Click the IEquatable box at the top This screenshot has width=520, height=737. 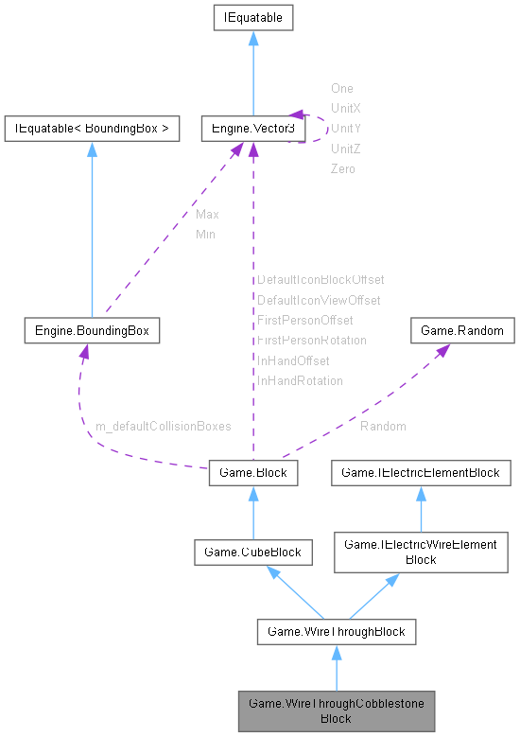pyautogui.click(x=252, y=17)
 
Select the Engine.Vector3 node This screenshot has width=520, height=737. pyautogui.click(x=252, y=128)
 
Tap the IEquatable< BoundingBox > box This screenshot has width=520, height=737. pyautogui.click(x=92, y=128)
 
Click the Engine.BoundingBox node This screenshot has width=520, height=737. pyautogui.click(x=92, y=331)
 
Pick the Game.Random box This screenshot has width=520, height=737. pyautogui.click(x=462, y=331)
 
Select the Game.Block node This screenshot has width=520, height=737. pyautogui.click(x=252, y=471)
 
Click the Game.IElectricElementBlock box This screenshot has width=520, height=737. pyautogui.click(x=420, y=471)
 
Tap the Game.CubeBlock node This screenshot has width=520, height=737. pyautogui.click(x=252, y=552)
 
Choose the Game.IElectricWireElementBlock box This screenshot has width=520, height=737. pyautogui.click(x=420, y=552)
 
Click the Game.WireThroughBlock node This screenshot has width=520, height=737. pyautogui.click(x=336, y=630)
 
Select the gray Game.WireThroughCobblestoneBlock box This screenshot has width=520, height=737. pyautogui.click(x=336, y=711)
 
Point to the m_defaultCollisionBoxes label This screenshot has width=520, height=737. pyautogui.click(x=163, y=427)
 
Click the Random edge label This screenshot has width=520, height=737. pyautogui.click(x=383, y=427)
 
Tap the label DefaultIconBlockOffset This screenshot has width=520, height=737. pyautogui.click(x=321, y=280)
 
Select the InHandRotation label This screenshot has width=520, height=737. pyautogui.click(x=300, y=380)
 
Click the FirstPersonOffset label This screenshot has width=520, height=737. pyautogui.click(x=304, y=321)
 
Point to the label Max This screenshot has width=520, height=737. pyautogui.click(x=207, y=215)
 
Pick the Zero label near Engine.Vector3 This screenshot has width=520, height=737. pyautogui.click(x=342, y=168)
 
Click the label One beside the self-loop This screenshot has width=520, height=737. pyautogui.click(x=341, y=88)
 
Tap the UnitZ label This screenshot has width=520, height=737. pyautogui.click(x=345, y=149)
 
